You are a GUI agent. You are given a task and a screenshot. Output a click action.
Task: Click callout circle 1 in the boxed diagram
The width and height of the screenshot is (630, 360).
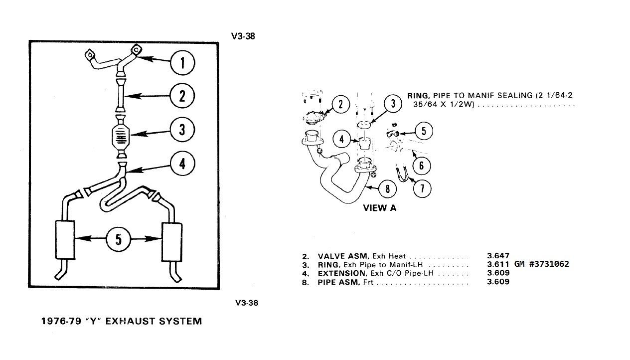[x=182, y=63]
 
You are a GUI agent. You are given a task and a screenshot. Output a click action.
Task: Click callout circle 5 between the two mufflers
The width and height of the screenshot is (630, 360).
[x=118, y=239]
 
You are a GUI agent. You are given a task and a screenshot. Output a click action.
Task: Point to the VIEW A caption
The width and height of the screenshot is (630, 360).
[x=380, y=208]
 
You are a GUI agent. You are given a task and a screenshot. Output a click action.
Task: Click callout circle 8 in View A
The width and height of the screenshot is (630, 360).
[x=388, y=188]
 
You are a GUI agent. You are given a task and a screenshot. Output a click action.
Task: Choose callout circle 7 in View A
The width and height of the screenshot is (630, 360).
[x=423, y=188]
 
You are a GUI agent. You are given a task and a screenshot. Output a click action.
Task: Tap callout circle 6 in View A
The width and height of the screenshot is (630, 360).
[x=421, y=165]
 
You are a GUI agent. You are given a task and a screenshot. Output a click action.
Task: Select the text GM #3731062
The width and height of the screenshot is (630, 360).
[x=541, y=264]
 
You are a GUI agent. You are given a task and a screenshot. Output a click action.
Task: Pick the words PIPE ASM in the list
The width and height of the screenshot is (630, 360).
[x=336, y=282]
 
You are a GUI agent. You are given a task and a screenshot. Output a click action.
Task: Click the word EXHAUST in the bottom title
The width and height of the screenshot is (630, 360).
[x=132, y=322]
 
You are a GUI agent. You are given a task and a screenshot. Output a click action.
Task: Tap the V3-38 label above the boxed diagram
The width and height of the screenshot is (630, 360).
[x=243, y=36]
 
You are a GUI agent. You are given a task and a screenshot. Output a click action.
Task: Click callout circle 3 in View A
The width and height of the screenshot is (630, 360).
[x=393, y=104]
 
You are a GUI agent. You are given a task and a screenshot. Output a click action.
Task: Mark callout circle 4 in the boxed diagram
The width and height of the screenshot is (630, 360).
[x=182, y=163]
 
